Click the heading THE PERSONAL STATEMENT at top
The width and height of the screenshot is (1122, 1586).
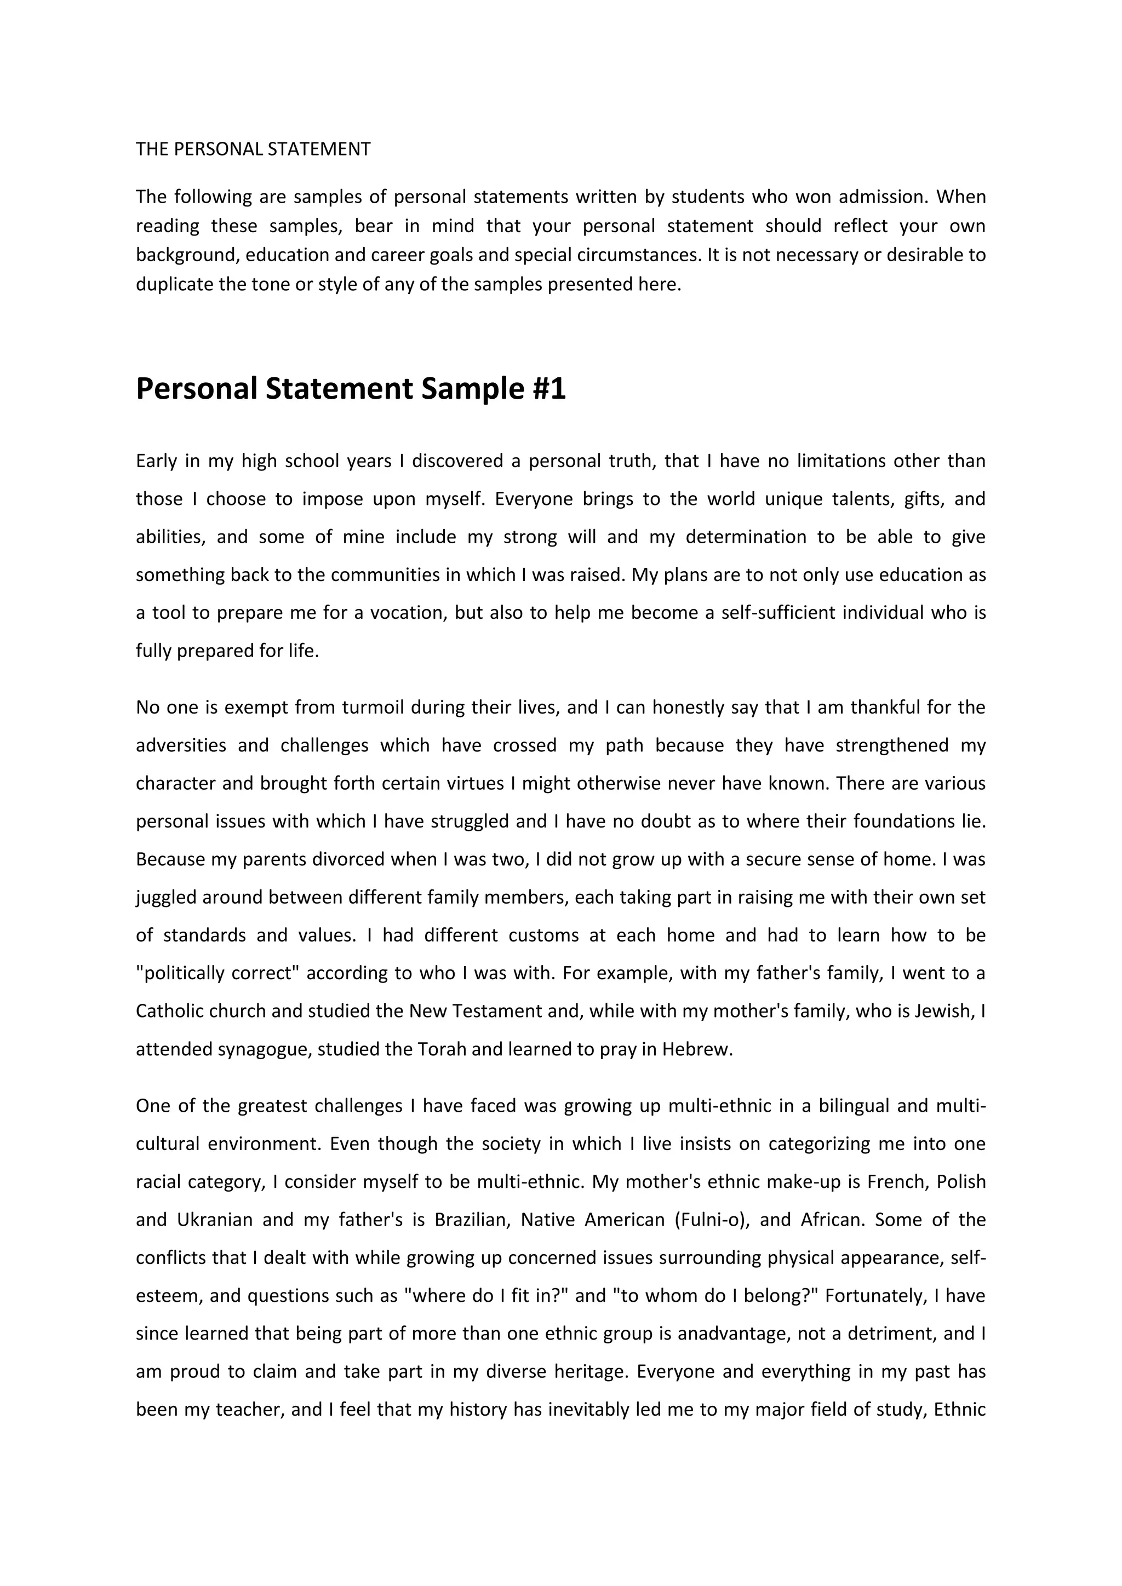click(253, 149)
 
